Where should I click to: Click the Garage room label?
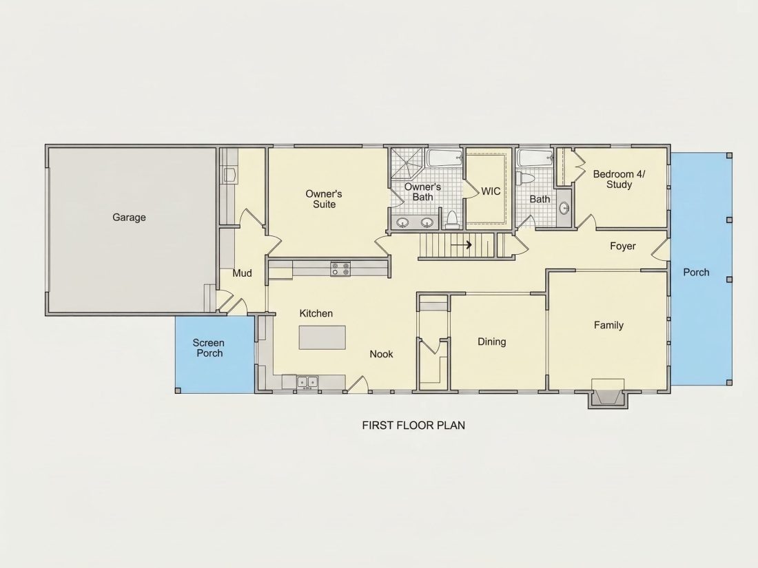point(129,218)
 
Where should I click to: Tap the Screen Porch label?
point(208,348)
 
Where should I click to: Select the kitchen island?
point(322,337)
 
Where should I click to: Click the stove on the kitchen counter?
point(340,269)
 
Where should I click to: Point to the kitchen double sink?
point(307,382)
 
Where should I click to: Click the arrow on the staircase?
point(461,245)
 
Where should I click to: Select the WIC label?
point(491,191)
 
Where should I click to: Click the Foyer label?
point(623,246)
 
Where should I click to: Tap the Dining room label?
point(491,342)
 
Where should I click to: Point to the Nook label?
point(382,354)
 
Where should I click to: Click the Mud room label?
point(242,273)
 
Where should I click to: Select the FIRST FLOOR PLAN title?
point(414,425)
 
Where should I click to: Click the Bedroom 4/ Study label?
point(619,179)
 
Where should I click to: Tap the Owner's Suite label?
point(324,199)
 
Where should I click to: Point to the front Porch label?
point(696,273)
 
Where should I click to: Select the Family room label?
point(608,325)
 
